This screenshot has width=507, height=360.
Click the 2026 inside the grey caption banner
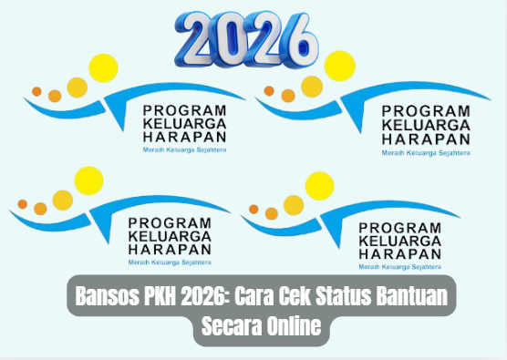tap(205, 298)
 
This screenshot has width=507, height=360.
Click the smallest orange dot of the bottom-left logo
tap(22, 203)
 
